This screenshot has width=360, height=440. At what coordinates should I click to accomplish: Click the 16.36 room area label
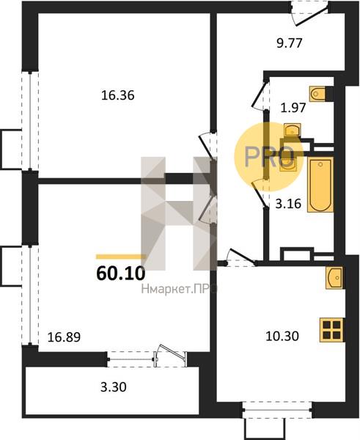click(118, 95)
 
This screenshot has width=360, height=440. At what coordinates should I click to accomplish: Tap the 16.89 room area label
click(65, 337)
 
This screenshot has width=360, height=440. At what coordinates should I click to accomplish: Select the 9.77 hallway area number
click(290, 43)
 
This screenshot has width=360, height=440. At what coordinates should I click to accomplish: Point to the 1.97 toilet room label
click(293, 108)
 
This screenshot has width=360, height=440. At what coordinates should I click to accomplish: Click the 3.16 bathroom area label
click(288, 203)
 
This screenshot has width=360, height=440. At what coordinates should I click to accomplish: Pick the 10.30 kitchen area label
click(282, 336)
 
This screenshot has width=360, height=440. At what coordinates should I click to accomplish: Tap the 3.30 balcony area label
click(114, 387)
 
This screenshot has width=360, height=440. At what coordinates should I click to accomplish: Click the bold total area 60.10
click(121, 274)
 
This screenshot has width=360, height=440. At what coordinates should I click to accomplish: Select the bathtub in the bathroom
click(320, 184)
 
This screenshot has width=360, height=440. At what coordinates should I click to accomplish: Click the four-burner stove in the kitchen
click(332, 330)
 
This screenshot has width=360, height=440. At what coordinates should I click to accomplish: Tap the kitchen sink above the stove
click(334, 278)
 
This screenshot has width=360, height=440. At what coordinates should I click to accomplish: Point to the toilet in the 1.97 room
click(318, 94)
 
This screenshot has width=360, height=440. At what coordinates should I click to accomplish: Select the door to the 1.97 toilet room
click(260, 95)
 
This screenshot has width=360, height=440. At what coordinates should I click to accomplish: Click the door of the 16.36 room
click(208, 146)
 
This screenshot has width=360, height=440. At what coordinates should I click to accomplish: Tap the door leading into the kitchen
click(241, 257)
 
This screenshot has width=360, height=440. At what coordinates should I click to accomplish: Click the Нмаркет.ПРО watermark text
click(179, 289)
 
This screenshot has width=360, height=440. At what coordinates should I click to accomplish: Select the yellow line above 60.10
click(121, 257)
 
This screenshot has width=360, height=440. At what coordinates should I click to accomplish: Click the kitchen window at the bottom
click(277, 410)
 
